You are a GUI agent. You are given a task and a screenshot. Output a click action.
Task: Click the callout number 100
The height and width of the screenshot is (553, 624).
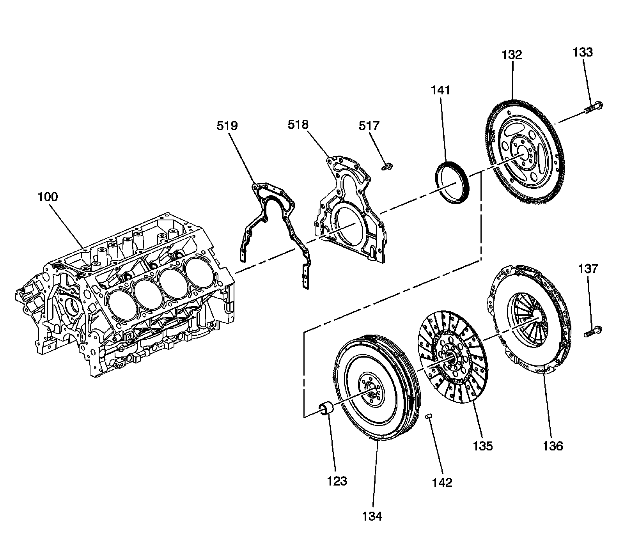48,197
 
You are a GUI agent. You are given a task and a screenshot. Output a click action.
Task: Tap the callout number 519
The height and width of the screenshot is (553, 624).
228,126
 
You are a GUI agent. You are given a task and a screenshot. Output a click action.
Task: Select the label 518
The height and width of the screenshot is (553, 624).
298,125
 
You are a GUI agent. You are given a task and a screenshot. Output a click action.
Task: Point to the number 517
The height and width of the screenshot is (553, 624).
369,126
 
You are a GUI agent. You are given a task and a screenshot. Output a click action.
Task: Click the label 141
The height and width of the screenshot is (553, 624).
440,90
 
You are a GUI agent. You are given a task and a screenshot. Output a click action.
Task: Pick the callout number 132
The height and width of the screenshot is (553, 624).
512,55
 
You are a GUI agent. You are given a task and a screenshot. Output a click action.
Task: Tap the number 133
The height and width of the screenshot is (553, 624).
583,52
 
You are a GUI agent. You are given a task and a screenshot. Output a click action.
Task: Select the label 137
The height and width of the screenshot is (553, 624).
588,269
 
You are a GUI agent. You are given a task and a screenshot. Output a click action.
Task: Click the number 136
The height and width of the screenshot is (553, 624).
553,446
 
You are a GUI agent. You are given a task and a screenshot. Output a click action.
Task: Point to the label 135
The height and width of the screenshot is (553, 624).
483,446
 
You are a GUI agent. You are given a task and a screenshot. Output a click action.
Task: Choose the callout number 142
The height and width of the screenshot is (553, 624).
442,482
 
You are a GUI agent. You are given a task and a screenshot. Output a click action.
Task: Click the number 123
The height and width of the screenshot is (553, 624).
337,481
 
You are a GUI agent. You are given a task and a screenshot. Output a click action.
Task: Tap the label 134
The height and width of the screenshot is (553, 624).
372,516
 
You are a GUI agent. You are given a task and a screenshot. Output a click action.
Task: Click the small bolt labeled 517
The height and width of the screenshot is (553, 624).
387,167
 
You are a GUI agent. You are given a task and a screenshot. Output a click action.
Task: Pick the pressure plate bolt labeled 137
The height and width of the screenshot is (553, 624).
593,332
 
